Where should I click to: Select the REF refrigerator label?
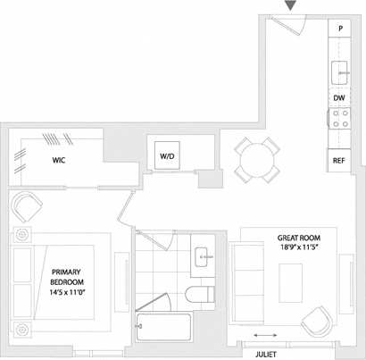[x=338, y=161]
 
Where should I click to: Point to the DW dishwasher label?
[x=339, y=98]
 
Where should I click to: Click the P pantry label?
[x=339, y=29]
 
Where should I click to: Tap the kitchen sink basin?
[x=340, y=70]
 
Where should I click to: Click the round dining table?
[x=254, y=160]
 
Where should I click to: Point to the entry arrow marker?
[x=290, y=7]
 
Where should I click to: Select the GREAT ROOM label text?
[x=299, y=239]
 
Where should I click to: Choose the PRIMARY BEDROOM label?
[x=67, y=278]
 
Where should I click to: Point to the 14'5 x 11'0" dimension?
[x=67, y=292]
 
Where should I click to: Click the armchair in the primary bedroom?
[x=29, y=208]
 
